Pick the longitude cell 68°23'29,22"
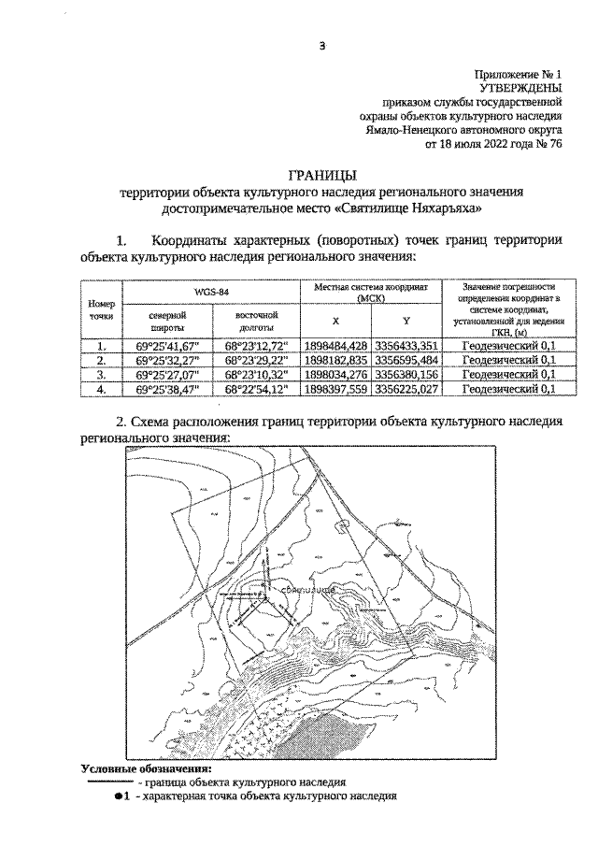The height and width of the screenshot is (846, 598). pyautogui.click(x=257, y=360)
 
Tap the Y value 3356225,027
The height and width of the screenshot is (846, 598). pyautogui.click(x=406, y=389)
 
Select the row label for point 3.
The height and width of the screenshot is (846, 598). pyautogui.click(x=100, y=374)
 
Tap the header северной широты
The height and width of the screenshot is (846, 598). pyautogui.click(x=169, y=322)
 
